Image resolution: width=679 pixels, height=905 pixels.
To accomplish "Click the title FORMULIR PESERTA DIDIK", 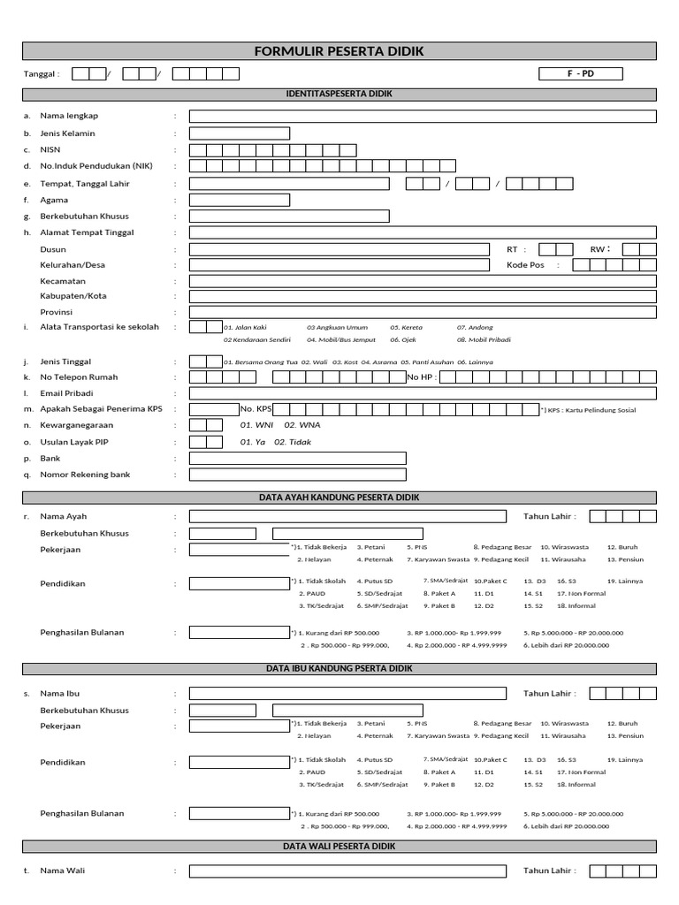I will click(x=339, y=51).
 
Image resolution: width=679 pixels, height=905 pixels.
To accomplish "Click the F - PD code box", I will click(x=581, y=73).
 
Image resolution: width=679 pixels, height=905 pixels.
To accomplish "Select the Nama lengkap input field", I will click(x=423, y=116).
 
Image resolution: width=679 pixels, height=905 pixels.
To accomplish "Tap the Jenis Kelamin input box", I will click(x=240, y=133).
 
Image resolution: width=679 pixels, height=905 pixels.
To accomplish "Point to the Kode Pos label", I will click(x=526, y=265).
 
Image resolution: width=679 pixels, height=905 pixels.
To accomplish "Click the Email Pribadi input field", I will click(x=423, y=393).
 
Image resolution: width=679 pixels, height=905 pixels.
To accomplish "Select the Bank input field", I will click(x=298, y=458).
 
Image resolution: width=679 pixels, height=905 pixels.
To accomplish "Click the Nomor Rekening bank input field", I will click(x=298, y=475).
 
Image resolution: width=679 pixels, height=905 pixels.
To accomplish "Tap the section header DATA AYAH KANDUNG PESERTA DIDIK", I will click(x=339, y=498).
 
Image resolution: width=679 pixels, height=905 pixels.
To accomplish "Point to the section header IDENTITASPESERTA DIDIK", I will click(x=339, y=94).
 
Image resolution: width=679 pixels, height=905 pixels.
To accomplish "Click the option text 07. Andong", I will click(x=475, y=328).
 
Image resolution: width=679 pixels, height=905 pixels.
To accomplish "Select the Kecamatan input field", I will click(x=423, y=281).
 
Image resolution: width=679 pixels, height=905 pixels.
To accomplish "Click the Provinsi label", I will click(x=56, y=312).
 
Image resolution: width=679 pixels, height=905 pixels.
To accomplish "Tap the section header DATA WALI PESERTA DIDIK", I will click(x=339, y=847).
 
